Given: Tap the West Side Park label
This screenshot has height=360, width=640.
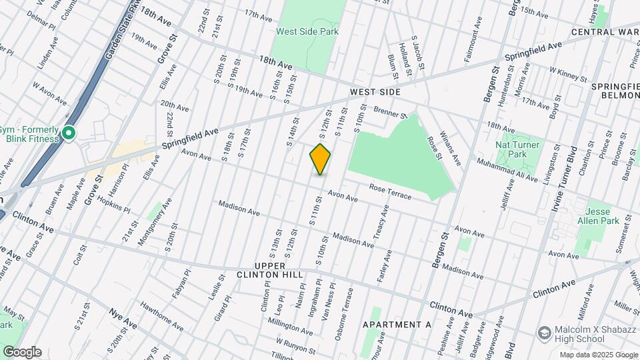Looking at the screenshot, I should [308, 31].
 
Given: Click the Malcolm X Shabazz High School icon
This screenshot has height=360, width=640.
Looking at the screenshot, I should [545, 332].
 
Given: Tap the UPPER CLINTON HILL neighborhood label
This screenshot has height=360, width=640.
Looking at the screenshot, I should [270, 275].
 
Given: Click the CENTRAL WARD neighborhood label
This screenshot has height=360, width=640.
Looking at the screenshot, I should [605, 31].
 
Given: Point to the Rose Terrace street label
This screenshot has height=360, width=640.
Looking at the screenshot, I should [387, 192].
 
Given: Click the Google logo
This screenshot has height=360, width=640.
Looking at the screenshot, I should [22, 352].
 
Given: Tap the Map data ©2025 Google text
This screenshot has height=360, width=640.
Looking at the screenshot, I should [598, 355].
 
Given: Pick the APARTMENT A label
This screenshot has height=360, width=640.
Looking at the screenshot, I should [397, 325].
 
